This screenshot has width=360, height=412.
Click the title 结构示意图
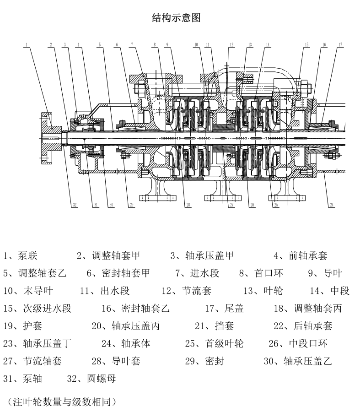[x=176, y=18]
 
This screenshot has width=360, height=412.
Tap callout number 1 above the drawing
[x=27, y=45]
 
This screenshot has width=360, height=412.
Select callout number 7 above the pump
[x=131, y=45]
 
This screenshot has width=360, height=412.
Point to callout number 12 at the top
[x=232, y=45]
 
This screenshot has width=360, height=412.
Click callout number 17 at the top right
[x=341, y=45]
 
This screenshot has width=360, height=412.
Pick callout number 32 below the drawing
[x=75, y=205]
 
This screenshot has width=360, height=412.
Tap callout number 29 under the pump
[x=132, y=205]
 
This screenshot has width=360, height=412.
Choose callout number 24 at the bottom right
[x=332, y=205]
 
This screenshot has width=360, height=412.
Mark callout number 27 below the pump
[x=232, y=205]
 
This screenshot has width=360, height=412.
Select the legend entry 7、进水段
[x=197, y=273]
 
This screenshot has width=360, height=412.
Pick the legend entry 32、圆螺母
[x=91, y=379]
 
